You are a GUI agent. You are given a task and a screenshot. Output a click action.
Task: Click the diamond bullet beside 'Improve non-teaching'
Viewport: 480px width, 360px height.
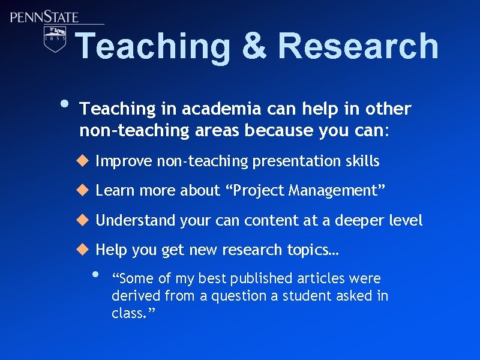pyautogui.click(x=82, y=161)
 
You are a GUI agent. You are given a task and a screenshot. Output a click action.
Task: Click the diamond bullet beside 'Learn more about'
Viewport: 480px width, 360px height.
pyautogui.click(x=82, y=190)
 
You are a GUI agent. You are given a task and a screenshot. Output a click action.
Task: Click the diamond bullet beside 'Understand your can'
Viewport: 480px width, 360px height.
pyautogui.click(x=82, y=220)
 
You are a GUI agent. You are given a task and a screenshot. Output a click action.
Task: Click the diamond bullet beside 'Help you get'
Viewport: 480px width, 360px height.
pyautogui.click(x=82, y=250)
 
